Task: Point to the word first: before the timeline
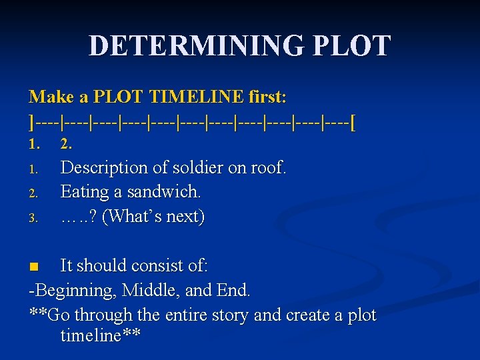[267, 97]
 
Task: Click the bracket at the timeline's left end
[31, 122]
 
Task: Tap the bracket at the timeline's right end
[352, 122]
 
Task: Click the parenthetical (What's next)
[155, 217]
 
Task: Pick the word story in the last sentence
[230, 315]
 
